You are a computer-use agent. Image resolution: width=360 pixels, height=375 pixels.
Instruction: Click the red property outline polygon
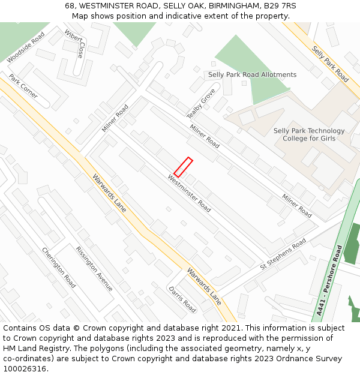tap(183, 167)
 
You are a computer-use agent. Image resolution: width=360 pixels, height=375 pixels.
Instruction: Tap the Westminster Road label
tap(189, 193)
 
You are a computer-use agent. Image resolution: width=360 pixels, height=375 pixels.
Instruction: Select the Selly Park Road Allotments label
tap(252, 75)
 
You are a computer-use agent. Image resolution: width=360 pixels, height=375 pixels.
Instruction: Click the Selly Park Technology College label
tap(309, 135)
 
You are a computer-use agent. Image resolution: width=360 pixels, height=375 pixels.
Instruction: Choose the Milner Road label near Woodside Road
tap(115, 118)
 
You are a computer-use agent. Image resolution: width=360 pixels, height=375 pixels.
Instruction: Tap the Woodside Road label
tap(26, 47)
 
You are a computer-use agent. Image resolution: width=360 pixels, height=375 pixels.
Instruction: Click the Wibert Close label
tap(75, 44)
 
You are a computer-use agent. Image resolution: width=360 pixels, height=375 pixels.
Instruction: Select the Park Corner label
tap(23, 86)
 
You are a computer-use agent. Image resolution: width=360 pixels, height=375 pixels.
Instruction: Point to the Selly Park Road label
tap(330, 64)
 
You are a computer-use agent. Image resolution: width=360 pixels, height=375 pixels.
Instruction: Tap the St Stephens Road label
tap(283, 254)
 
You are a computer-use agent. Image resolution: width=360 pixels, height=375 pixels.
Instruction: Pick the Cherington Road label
tap(59, 267)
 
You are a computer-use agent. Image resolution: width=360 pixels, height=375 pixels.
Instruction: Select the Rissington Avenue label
tap(94, 268)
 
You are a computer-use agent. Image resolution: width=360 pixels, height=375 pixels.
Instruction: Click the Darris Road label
tap(182, 299)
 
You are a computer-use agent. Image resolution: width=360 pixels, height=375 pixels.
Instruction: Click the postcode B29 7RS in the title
tap(275, 6)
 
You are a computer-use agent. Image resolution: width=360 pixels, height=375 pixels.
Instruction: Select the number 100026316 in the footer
tap(25, 369)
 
